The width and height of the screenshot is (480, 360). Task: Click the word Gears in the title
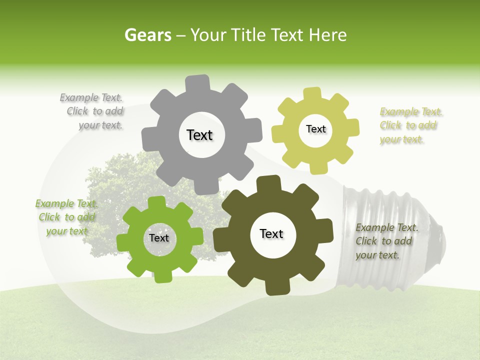point(147,35)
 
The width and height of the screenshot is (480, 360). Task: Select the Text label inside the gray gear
point(199,135)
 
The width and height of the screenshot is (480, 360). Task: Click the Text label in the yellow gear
point(315,129)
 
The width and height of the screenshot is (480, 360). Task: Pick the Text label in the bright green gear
point(159,238)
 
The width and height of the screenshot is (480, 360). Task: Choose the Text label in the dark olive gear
point(271,233)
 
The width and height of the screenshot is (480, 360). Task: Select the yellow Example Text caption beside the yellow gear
point(410,125)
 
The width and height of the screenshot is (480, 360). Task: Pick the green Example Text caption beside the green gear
point(66,217)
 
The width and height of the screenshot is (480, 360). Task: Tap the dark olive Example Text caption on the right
point(385,241)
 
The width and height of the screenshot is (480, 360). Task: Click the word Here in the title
point(328,35)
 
